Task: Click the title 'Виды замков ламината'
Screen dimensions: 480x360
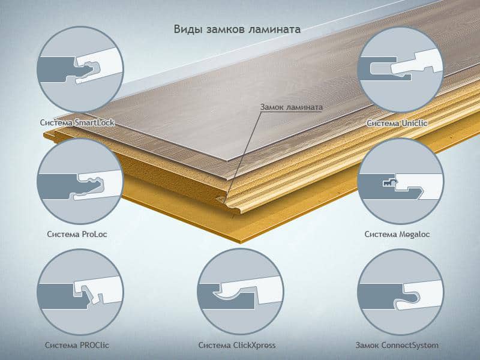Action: coord(237,29)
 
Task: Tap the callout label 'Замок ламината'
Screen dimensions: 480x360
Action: coord(292,107)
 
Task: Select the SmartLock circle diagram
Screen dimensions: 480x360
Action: coord(80,69)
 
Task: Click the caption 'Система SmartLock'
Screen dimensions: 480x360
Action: coord(77,123)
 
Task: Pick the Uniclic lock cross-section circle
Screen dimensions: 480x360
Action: coord(400,69)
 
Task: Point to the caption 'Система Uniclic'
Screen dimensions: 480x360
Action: coord(397,124)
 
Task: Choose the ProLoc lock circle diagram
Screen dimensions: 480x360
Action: coord(80,181)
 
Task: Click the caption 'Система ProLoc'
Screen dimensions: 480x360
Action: coord(77,234)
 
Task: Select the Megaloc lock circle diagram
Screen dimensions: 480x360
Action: coord(400,181)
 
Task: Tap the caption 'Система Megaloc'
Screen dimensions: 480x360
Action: coord(397,235)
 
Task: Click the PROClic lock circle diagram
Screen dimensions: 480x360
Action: coord(80,292)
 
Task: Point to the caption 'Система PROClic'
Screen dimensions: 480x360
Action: coord(77,346)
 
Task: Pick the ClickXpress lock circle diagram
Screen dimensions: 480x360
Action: coord(241,292)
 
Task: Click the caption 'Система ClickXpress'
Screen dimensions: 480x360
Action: coord(237,346)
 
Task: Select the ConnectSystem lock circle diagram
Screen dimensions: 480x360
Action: coord(400,292)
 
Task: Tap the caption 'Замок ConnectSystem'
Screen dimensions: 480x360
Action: coord(397,346)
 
